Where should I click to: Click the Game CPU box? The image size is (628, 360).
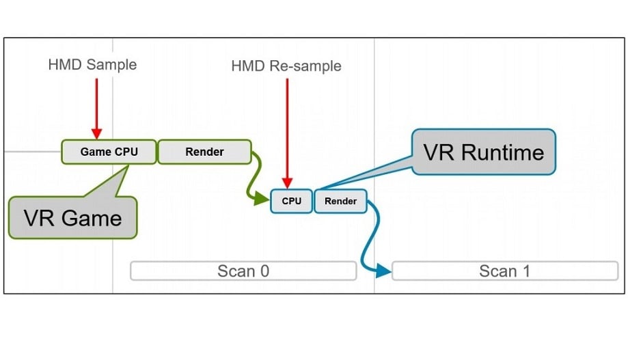tap(109, 152)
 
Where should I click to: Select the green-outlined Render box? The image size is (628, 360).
tap(204, 152)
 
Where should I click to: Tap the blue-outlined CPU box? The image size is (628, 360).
tap(291, 201)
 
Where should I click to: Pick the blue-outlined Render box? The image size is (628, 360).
tap(340, 201)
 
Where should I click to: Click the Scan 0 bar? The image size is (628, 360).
tap(243, 271)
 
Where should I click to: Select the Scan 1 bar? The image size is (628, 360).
tap(505, 271)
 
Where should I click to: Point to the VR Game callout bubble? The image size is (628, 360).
tap(73, 217)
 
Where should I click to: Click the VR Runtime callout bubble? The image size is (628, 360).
tap(484, 152)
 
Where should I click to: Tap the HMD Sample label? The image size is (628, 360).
tap(92, 64)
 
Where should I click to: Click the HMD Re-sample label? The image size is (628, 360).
tap(286, 66)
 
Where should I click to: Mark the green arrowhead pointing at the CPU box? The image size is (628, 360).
tap(262, 198)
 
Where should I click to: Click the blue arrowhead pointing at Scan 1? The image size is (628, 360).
tap(383, 271)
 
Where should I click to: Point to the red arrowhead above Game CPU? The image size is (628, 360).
tap(96, 134)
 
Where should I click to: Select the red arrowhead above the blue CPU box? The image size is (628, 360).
tap(287, 183)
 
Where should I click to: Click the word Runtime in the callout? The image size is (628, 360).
tap(502, 152)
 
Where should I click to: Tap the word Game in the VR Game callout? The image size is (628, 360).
tap(92, 218)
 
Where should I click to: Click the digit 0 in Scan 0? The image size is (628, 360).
tap(264, 271)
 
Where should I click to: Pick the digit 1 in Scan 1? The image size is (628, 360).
tap(526, 271)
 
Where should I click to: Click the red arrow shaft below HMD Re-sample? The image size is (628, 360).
tap(287, 128)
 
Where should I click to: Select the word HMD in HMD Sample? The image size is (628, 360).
tap(66, 64)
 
